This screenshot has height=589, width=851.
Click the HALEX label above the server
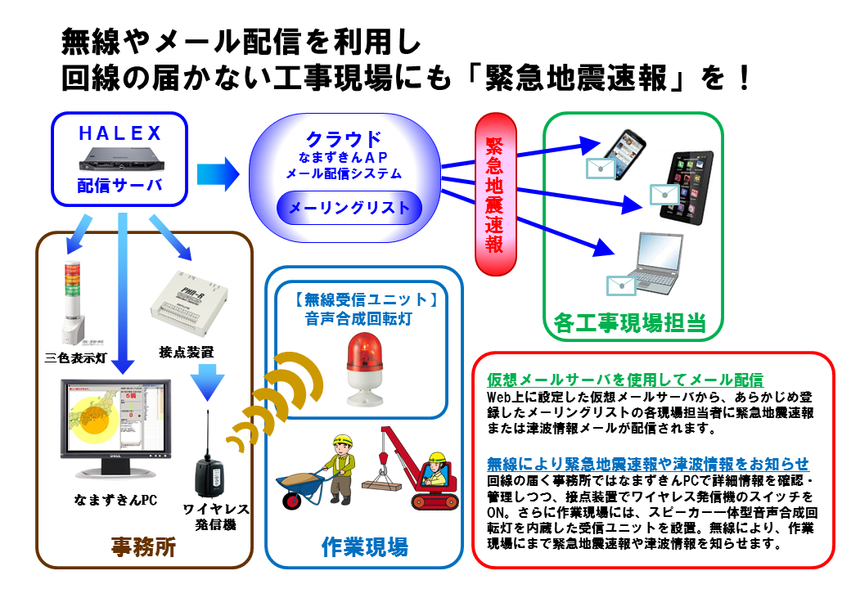click(120, 133)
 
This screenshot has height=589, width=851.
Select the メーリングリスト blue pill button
click(349, 208)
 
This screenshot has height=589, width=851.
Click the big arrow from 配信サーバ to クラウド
click(217, 174)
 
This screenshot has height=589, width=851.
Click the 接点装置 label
click(187, 353)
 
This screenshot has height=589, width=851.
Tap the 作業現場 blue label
click(365, 546)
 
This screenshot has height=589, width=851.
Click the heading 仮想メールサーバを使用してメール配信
click(624, 380)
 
